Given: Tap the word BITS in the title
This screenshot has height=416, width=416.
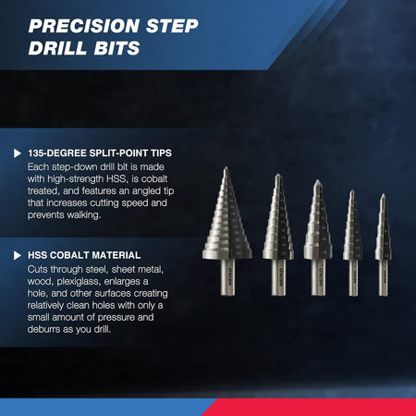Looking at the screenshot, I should pyautogui.click(x=123, y=48).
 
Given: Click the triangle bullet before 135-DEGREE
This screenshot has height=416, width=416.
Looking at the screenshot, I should pyautogui.click(x=18, y=152).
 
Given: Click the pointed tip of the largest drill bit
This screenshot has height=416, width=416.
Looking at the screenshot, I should pyautogui.click(x=225, y=170).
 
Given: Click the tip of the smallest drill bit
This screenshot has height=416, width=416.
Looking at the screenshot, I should pyautogui.click(x=383, y=196).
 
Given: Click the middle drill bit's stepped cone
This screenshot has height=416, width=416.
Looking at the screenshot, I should pyautogui.click(x=317, y=226).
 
